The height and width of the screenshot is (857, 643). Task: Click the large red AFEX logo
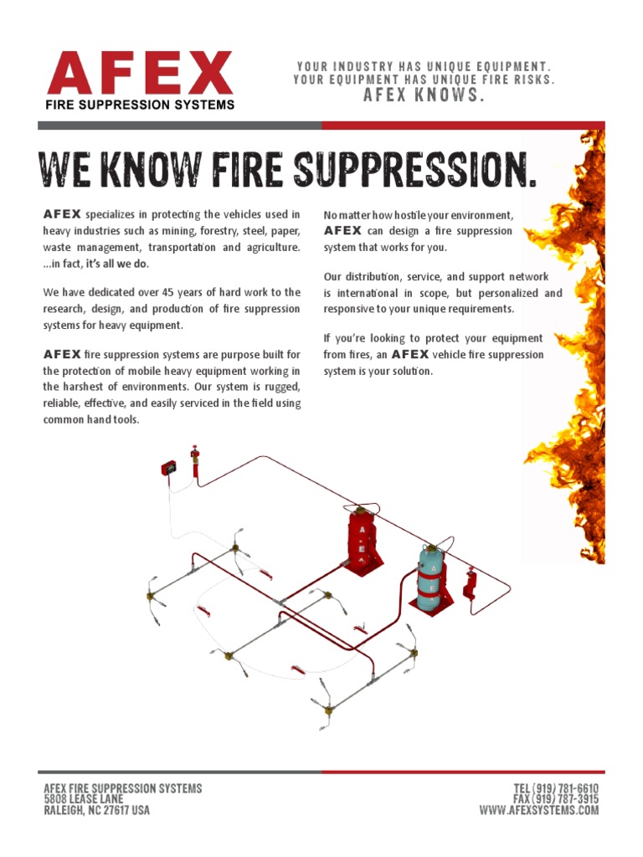tap(140, 74)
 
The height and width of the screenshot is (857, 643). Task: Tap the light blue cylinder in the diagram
tap(431, 579)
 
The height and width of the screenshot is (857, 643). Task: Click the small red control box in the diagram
tap(169, 470)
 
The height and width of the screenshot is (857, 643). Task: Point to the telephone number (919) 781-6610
tap(557, 788)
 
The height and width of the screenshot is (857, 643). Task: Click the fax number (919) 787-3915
tap(557, 799)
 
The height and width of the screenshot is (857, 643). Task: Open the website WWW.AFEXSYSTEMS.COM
tap(538, 810)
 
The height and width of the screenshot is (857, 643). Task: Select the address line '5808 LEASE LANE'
tap(83, 799)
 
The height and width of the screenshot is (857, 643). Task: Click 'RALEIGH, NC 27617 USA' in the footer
tap(96, 810)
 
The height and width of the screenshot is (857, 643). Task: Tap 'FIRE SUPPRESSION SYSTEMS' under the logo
tap(140, 105)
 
